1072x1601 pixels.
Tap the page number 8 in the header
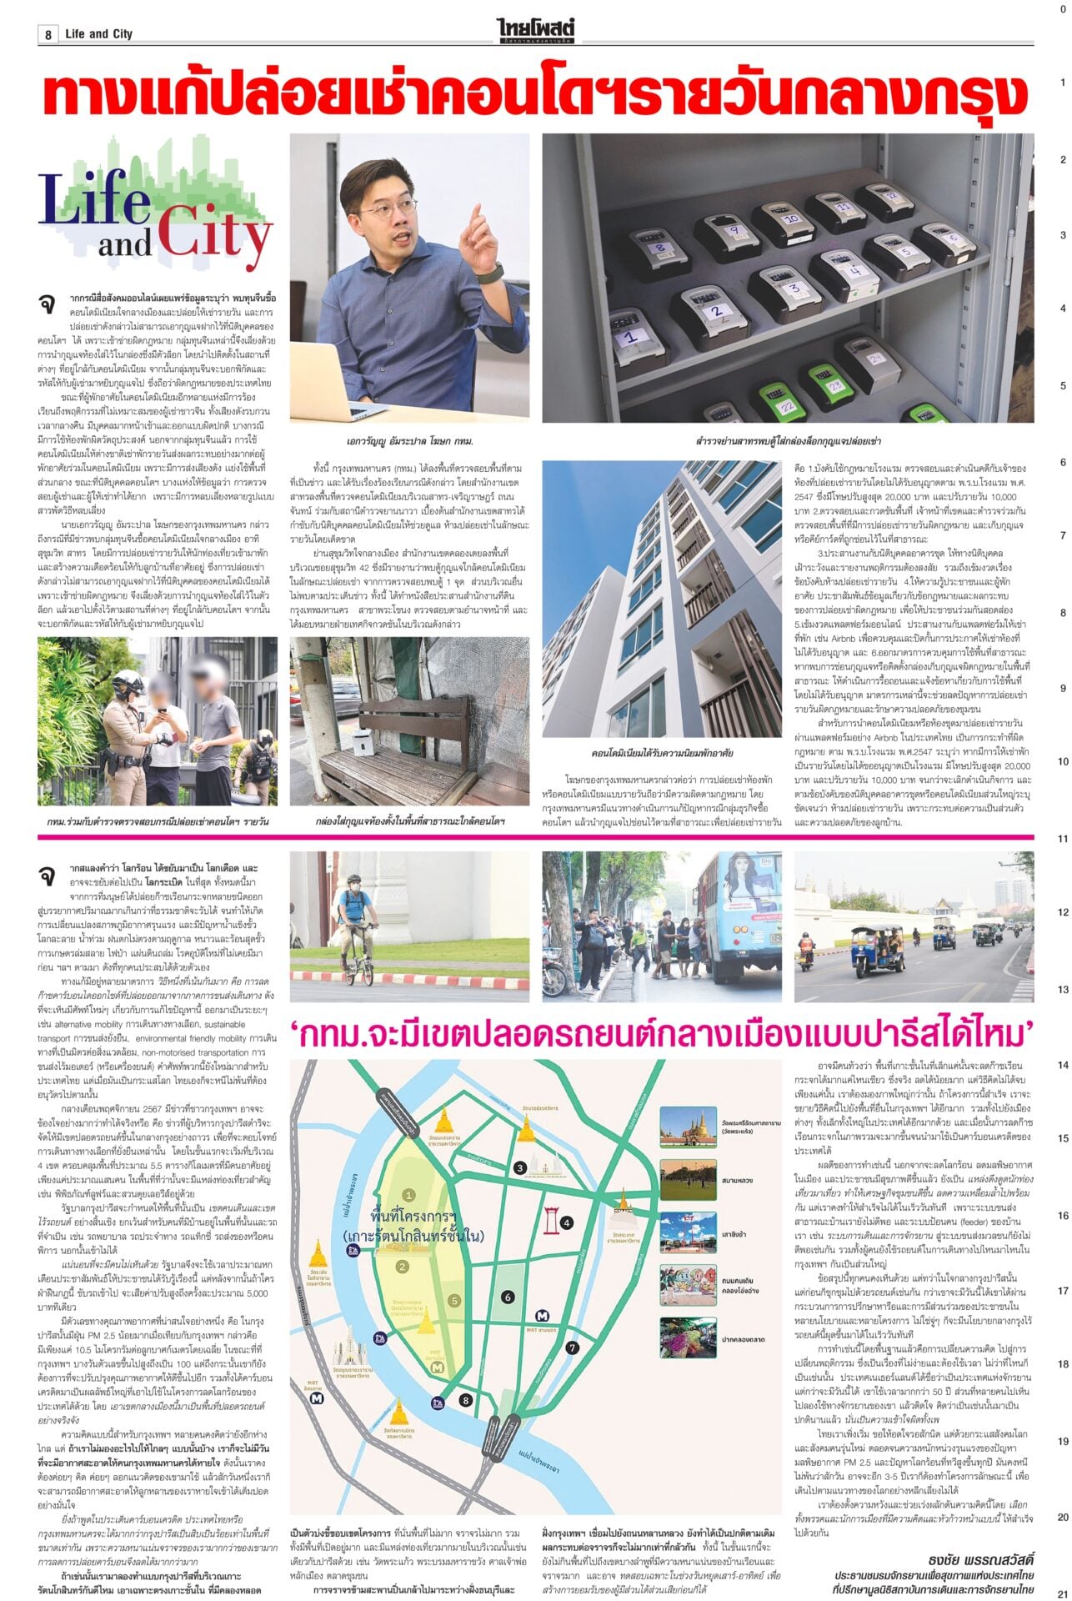coord(48,34)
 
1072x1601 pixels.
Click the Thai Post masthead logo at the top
coord(535,32)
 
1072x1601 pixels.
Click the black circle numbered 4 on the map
coord(567,1223)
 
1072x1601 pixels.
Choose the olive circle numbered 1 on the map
coord(408,1195)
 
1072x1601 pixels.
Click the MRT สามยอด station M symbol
coord(544,1316)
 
